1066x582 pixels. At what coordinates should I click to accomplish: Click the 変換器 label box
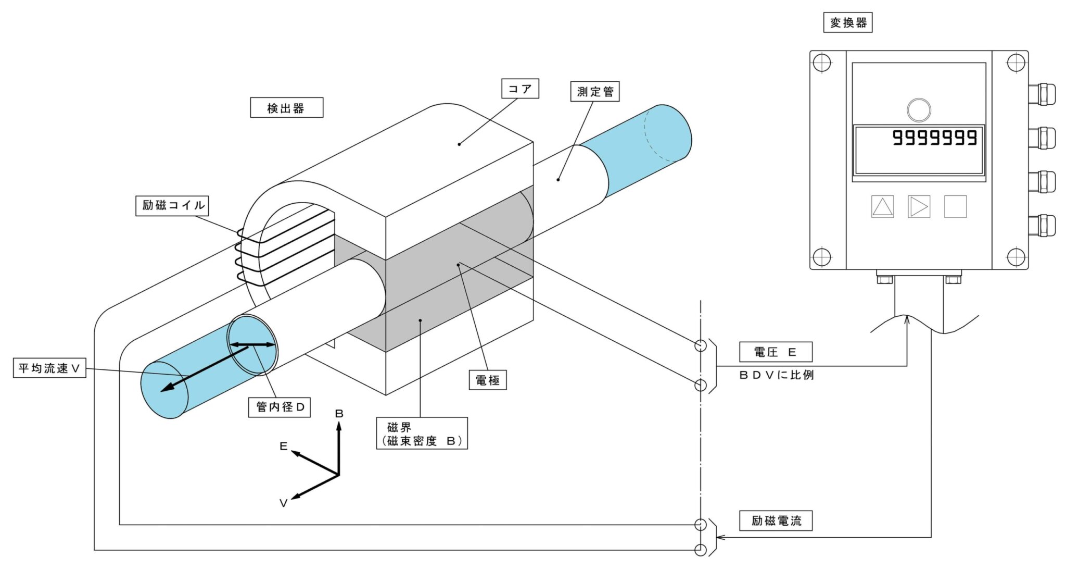(x=847, y=23)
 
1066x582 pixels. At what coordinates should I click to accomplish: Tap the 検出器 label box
(x=286, y=108)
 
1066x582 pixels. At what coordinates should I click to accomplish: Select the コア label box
(x=519, y=89)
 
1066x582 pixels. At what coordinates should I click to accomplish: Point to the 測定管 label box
(x=594, y=92)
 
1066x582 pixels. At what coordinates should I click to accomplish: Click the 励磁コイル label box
(x=172, y=205)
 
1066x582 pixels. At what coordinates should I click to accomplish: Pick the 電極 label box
(x=487, y=380)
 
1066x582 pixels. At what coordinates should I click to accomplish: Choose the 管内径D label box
(x=280, y=407)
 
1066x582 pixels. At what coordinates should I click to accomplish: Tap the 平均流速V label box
(x=49, y=368)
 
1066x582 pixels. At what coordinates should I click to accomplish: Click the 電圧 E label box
(x=775, y=352)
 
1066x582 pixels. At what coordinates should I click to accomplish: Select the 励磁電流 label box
(x=776, y=521)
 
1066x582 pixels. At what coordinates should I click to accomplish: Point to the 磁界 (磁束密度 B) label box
(x=422, y=434)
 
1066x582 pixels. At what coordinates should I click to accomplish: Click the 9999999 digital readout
(x=934, y=138)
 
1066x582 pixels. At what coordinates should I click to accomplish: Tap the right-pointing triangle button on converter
(x=919, y=207)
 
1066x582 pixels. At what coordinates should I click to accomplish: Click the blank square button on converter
(x=955, y=207)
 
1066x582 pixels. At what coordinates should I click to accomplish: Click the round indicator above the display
(x=919, y=110)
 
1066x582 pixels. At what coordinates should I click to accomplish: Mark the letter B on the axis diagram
(x=339, y=414)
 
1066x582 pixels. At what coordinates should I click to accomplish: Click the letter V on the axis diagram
(x=283, y=503)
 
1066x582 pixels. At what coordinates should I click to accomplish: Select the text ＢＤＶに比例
(x=776, y=375)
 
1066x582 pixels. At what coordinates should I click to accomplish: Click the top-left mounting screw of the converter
(x=821, y=63)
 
